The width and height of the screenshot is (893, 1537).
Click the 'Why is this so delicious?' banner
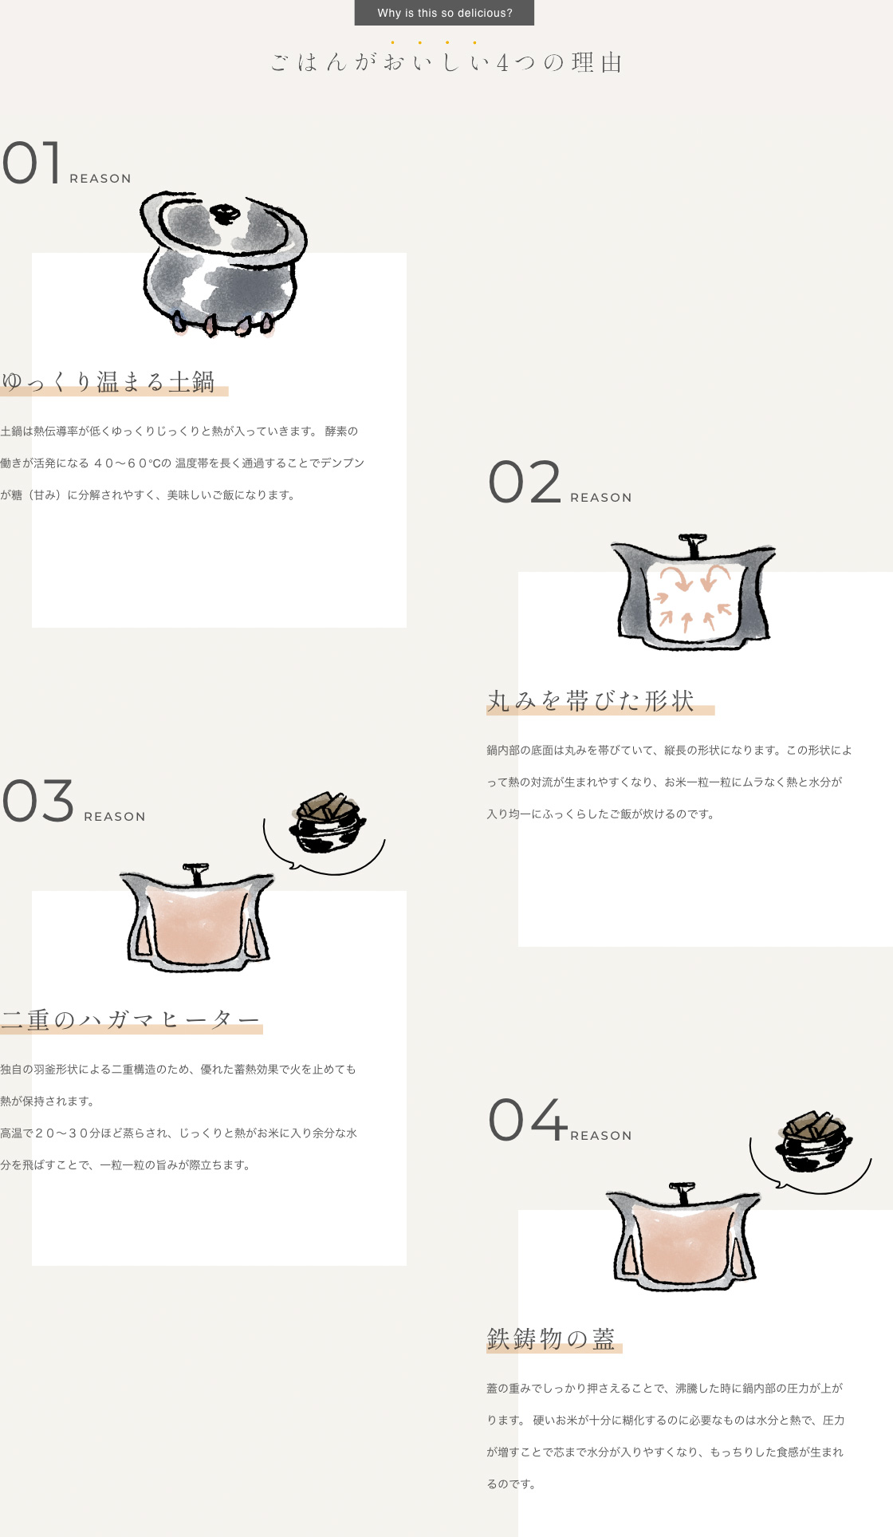click(x=444, y=13)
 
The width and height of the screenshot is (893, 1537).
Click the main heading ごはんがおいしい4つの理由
click(x=447, y=62)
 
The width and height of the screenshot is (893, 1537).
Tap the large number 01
click(x=32, y=163)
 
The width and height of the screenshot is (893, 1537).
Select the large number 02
click(x=525, y=482)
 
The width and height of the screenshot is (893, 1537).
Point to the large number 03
click(x=38, y=801)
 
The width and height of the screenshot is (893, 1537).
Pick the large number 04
click(x=528, y=1120)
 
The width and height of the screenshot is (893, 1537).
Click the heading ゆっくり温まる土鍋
click(x=108, y=382)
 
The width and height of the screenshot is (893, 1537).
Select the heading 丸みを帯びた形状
click(x=591, y=701)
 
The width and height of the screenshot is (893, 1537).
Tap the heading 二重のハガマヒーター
click(x=131, y=1020)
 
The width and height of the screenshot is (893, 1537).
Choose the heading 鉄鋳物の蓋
click(x=551, y=1339)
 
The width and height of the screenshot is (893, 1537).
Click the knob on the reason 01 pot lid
click(x=225, y=214)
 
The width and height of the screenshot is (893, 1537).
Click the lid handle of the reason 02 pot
click(x=693, y=545)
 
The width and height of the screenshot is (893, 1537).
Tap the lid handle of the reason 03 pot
click(x=195, y=873)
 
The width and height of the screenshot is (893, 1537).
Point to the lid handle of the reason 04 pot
click(x=682, y=1193)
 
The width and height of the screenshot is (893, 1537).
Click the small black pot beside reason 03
click(x=327, y=822)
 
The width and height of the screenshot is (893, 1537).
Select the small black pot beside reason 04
click(x=813, y=1141)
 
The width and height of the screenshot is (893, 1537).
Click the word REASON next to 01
click(x=100, y=179)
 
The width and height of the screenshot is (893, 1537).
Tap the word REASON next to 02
click(x=601, y=498)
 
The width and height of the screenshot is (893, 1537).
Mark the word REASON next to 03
click(x=115, y=817)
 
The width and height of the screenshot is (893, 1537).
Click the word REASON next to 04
click(x=601, y=1136)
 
